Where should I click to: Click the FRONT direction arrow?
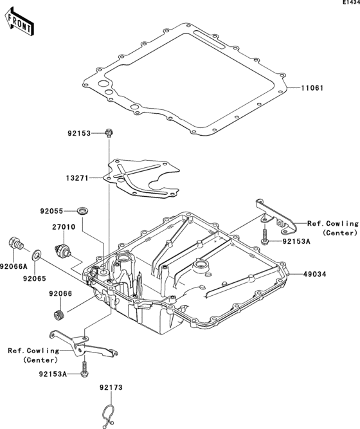pyautogui.click(x=19, y=22)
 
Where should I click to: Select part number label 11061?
pyautogui.click(x=312, y=88)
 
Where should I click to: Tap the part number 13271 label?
pyautogui.click(x=77, y=178)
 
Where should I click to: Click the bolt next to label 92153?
pyautogui.click(x=109, y=132)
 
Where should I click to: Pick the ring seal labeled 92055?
pyautogui.click(x=83, y=211)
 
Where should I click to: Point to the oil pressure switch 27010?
pyautogui.click(x=63, y=250)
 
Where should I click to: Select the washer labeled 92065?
pyautogui.click(x=37, y=255)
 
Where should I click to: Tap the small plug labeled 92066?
pyautogui.click(x=58, y=315)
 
